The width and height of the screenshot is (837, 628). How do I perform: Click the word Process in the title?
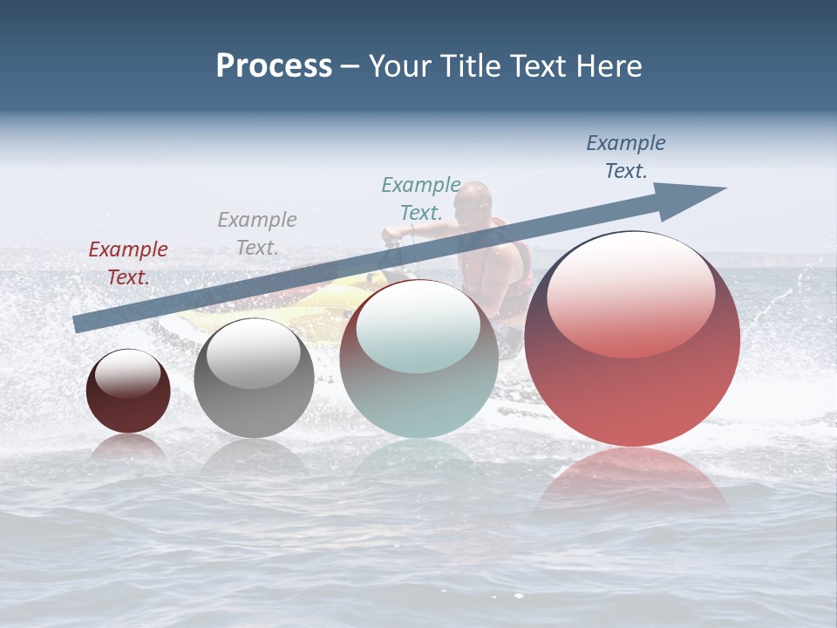pyautogui.click(x=274, y=66)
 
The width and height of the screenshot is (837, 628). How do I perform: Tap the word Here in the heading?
pyautogui.click(x=611, y=66)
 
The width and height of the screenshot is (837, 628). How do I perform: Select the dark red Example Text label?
pyautogui.click(x=128, y=263)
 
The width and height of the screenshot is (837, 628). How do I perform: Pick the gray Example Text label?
pyautogui.click(x=257, y=234)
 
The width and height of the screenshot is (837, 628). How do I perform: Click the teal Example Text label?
pyautogui.click(x=421, y=199)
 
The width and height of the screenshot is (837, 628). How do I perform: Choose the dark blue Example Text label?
pyautogui.click(x=626, y=157)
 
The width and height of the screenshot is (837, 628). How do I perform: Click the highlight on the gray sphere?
pyautogui.click(x=253, y=353)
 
